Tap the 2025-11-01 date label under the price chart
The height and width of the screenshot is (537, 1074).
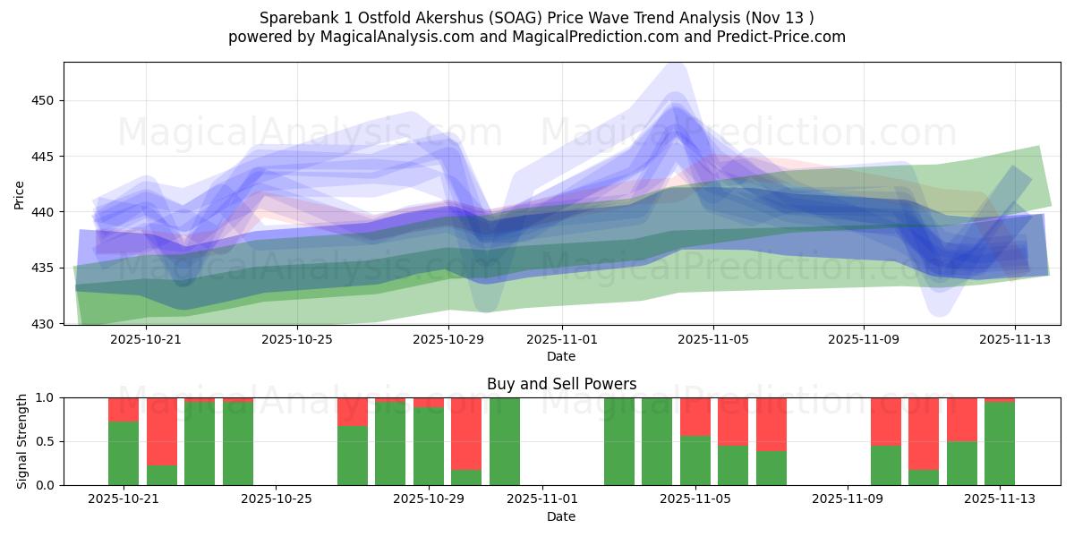click(x=561, y=340)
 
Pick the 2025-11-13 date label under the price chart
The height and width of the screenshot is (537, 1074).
click(x=1014, y=340)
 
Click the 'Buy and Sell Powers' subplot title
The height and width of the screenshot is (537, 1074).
click(x=561, y=384)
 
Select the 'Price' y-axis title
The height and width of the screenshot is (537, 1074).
click(x=20, y=194)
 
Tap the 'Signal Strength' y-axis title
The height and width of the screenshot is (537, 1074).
click(x=22, y=441)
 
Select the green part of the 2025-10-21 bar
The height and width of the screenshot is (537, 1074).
click(x=124, y=453)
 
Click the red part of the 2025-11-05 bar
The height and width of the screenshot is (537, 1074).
click(x=695, y=416)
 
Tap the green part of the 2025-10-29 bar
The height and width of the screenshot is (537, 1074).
click(x=429, y=446)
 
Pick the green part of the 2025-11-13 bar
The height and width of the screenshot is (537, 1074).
click(x=1000, y=443)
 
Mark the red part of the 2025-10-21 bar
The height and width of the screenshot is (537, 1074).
click(x=124, y=409)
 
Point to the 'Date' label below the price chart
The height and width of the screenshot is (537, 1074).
click(x=561, y=356)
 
